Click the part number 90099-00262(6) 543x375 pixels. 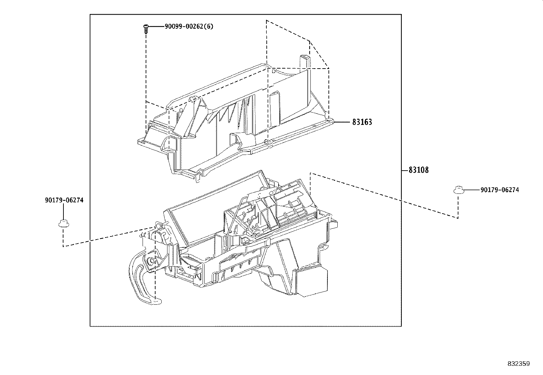[x=189, y=27]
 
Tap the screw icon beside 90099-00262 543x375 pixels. [x=146, y=28]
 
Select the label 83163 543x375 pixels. [x=362, y=122]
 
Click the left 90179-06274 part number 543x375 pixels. [x=64, y=200]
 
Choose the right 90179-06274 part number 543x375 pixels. [x=500, y=190]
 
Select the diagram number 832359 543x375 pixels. [x=518, y=364]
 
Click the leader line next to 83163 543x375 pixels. [x=341, y=122]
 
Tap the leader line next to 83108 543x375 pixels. [x=405, y=170]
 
